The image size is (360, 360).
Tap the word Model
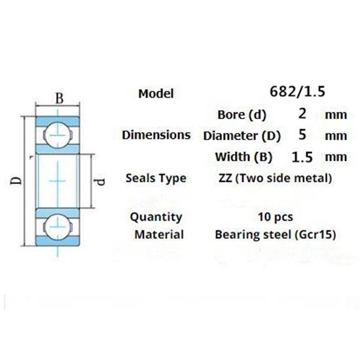coord(156,94)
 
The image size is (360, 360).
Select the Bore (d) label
coord(242,115)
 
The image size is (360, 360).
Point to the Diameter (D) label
coord(242,136)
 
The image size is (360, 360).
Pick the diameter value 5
coord(302,135)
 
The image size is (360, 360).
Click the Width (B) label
coord(242,157)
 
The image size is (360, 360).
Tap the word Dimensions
coord(156,135)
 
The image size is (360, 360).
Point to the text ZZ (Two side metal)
coord(274,178)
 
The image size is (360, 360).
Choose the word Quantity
coord(156,217)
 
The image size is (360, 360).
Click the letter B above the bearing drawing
coord(58,99)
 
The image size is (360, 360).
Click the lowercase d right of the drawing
coord(99,179)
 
